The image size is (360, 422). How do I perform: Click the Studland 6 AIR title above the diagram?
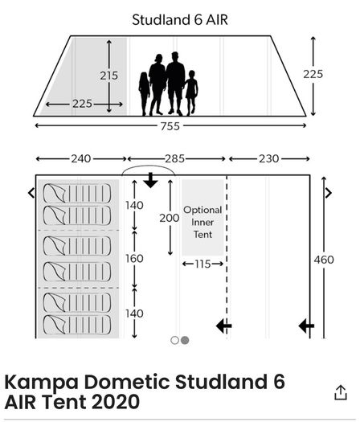coord(180,20)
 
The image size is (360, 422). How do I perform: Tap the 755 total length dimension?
coord(170,126)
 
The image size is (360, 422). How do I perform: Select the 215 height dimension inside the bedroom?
coord(109,76)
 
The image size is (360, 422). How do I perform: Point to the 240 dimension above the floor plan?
coord(80,159)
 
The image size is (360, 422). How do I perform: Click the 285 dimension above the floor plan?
coord(174,159)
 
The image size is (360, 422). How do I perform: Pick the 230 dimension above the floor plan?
coord(268,159)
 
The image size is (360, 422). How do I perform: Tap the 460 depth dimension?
coord(324,260)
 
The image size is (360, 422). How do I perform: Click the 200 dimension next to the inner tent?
coord(170,218)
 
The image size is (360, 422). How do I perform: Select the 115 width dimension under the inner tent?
coord(202,264)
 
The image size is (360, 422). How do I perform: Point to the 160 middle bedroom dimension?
coord(134,259)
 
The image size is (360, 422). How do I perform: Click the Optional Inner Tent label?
coord(202,223)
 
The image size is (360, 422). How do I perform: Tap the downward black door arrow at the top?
coord(151,180)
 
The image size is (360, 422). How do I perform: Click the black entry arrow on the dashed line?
coord(224,326)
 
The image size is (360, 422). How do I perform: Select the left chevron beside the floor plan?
coord(31,193)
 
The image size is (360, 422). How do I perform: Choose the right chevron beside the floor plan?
coord(329,193)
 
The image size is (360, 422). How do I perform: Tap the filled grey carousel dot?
coord(185,341)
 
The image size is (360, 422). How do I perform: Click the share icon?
coord(341,392)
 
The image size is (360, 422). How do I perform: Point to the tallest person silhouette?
coord(175,84)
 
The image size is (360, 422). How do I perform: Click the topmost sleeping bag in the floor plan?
coord(77,193)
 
